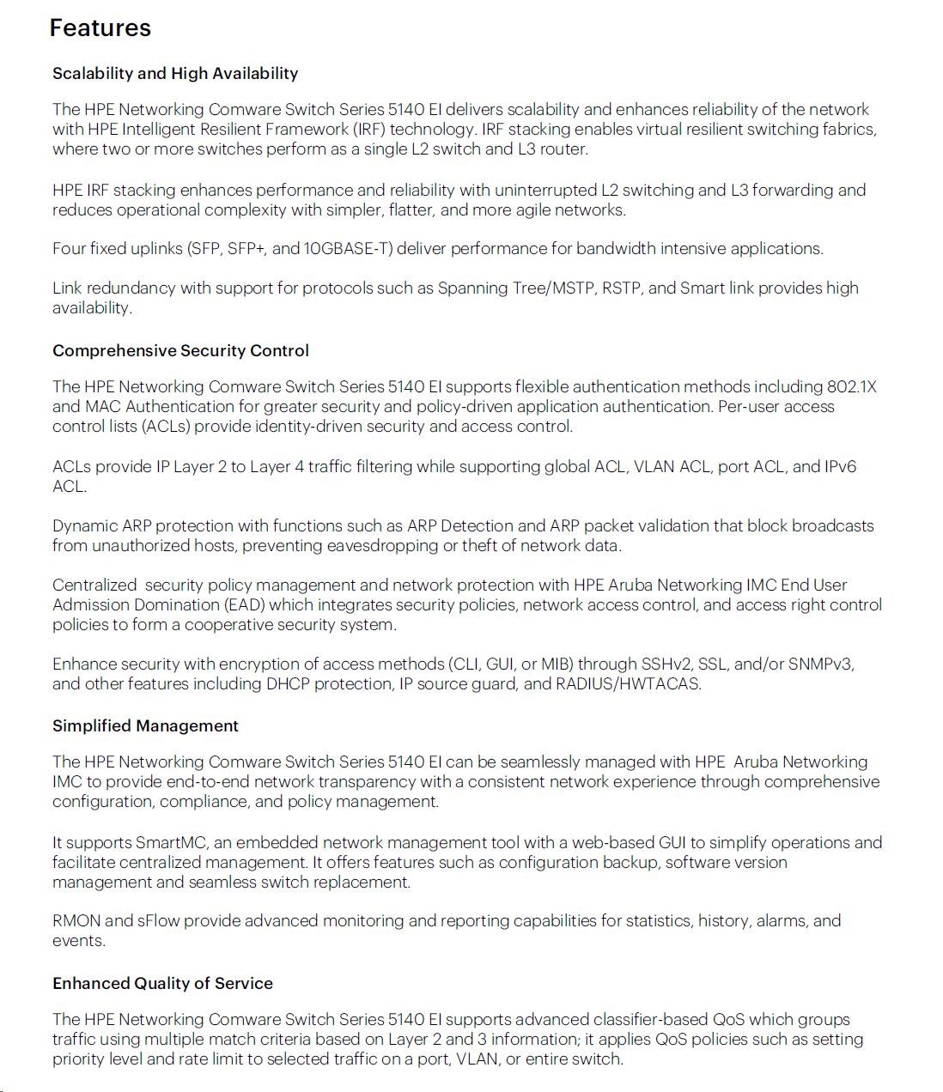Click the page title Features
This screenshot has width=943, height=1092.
(x=100, y=27)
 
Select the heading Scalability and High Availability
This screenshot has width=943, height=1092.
(x=175, y=73)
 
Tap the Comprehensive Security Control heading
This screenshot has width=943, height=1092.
(x=180, y=350)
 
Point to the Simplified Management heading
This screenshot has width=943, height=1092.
(x=145, y=725)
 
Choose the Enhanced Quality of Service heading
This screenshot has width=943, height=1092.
(x=162, y=983)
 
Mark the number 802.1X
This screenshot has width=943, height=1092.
(x=851, y=386)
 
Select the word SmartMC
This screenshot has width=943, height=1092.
(x=171, y=842)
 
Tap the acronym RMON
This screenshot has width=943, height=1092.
(x=76, y=920)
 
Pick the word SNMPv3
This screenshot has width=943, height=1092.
(x=821, y=664)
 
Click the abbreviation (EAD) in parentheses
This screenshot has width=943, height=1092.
(x=244, y=604)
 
